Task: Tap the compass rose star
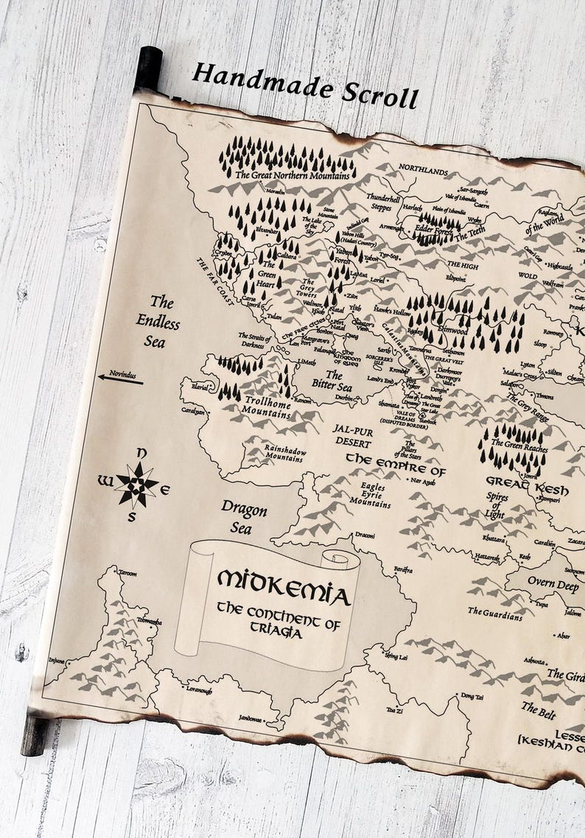(136, 484)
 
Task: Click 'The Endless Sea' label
(158, 321)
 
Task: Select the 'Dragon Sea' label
(244, 518)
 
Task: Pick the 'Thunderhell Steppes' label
(383, 203)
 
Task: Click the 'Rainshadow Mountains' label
(273, 452)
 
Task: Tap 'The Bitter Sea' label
(332, 380)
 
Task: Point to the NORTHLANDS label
(424, 172)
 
